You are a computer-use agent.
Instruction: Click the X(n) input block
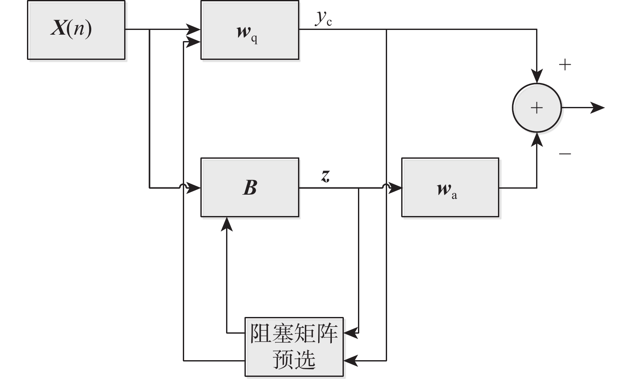[76, 30]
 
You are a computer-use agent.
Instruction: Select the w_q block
[250, 30]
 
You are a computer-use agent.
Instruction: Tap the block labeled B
[250, 187]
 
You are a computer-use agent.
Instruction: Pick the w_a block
[450, 187]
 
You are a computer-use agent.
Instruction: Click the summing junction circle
[537, 108]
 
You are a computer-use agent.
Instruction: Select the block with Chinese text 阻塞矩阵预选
[294, 346]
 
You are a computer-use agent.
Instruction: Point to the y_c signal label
[324, 18]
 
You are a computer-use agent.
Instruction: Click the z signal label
[326, 175]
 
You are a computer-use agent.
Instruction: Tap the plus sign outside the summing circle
[565, 65]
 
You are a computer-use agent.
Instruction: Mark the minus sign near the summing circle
[565, 153]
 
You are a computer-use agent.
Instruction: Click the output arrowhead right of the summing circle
[598, 108]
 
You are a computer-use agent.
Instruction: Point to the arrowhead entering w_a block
[396, 187]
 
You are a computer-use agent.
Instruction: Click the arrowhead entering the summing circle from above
[537, 77]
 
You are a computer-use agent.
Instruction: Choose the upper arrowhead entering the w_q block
[194, 30]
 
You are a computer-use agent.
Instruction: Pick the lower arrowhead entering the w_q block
[194, 41]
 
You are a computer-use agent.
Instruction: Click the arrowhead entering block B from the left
[195, 187]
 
